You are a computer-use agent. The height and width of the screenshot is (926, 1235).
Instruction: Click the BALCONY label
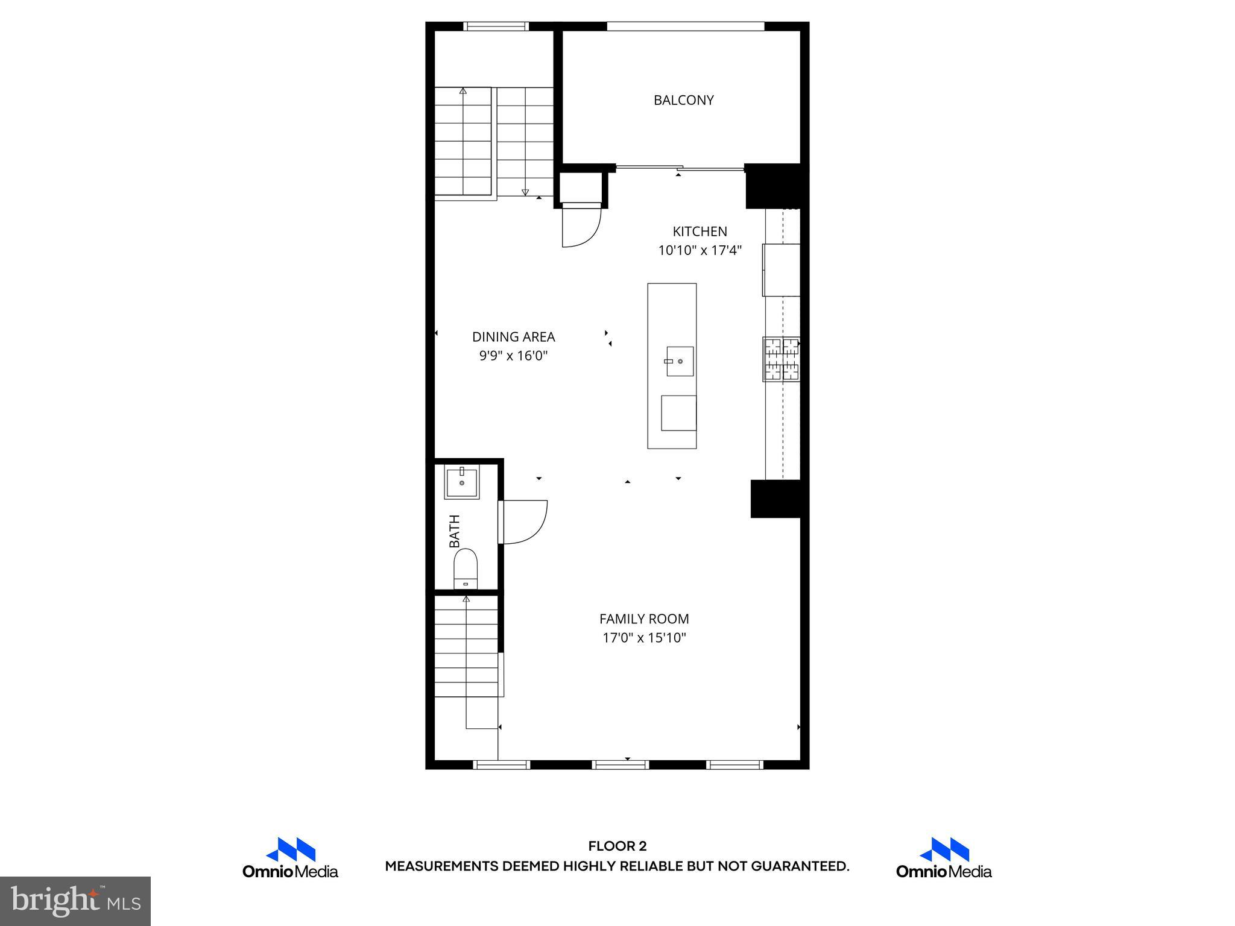point(683,100)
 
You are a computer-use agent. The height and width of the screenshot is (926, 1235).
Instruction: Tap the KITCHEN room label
point(700,231)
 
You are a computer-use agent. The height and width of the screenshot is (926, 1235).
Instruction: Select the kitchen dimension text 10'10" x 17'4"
point(700,250)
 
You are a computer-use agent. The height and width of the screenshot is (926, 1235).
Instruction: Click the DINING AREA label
point(513,337)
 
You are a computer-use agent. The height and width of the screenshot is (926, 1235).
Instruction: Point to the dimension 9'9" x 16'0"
point(513,356)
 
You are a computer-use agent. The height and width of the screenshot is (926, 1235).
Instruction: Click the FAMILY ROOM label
point(643,619)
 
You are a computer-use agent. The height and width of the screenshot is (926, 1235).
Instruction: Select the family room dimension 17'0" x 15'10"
point(644,638)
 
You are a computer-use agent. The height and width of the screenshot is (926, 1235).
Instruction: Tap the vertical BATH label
point(455,531)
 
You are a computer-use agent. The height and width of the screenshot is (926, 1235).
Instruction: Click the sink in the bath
point(462,482)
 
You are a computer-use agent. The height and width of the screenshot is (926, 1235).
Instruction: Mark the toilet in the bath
point(465,569)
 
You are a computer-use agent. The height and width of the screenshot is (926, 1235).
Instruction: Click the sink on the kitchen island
point(680,361)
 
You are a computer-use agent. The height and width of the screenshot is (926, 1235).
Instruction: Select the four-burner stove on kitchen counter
point(782,359)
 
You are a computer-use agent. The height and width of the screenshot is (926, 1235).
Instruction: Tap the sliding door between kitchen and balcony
point(680,168)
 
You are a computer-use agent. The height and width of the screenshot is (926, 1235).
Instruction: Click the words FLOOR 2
point(617,846)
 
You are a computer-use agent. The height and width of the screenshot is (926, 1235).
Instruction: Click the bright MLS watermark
point(75,901)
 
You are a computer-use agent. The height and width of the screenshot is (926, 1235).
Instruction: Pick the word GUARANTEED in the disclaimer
point(800,866)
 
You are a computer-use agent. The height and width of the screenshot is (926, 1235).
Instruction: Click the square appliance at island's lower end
point(678,413)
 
